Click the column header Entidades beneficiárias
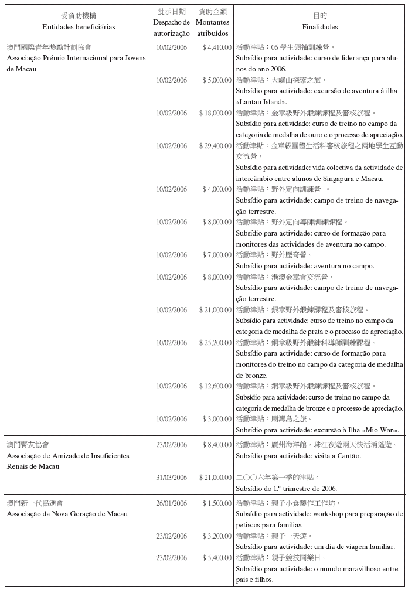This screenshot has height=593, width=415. [x=79, y=27]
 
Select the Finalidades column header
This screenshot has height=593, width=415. [x=320, y=27]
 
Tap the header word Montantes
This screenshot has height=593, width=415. [x=212, y=22]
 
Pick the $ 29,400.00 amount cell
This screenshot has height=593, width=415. [x=215, y=146]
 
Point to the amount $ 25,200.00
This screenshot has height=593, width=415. [x=215, y=343]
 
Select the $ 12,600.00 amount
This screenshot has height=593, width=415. [x=215, y=386]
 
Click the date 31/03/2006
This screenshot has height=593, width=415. [x=172, y=478]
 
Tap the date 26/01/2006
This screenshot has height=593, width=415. [x=172, y=503]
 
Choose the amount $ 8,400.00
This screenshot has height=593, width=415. [x=217, y=445]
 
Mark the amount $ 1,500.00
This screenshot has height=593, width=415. [x=217, y=503]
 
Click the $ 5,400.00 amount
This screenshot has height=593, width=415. [x=217, y=558]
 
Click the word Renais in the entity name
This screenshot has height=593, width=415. [x=17, y=466]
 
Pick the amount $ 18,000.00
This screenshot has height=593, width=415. [x=215, y=113]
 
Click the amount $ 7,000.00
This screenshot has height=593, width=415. [x=217, y=255]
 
